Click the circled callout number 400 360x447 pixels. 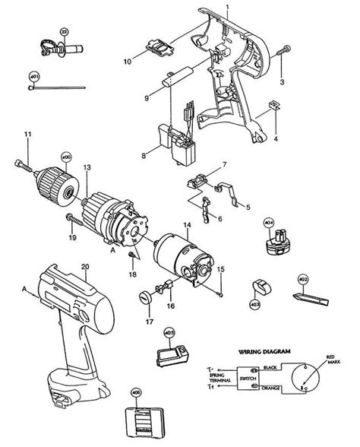66,157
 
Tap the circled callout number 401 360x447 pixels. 33,77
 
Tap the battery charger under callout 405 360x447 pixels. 169,357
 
